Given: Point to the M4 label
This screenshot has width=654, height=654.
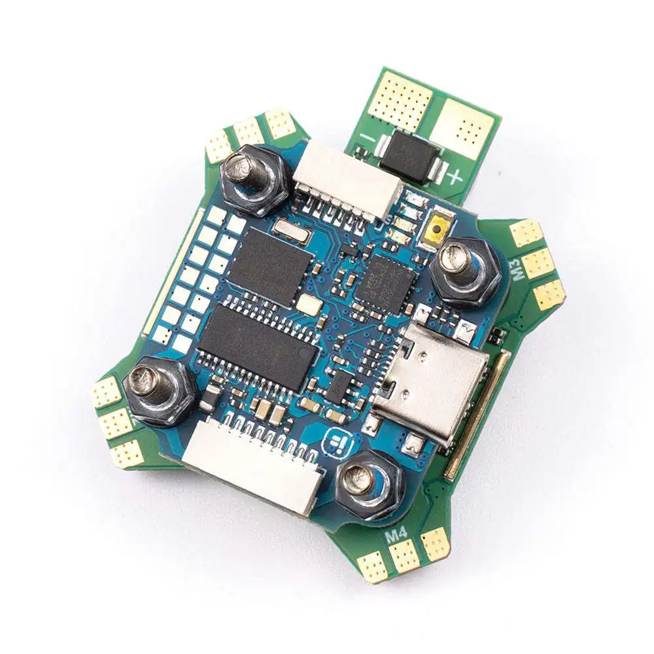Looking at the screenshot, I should pos(397,534).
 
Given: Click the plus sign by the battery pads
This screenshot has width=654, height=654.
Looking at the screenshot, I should pos(455,175).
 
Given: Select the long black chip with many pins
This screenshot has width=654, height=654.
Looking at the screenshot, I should pos(258,347).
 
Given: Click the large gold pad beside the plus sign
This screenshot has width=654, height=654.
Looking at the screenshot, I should pos(464,128).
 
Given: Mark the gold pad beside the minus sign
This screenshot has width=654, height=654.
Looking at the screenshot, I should pos(400,101).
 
